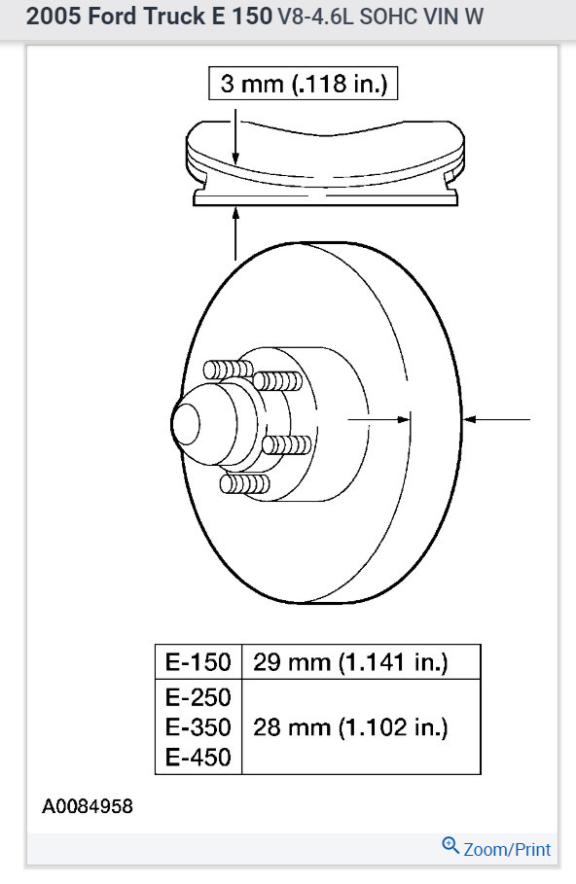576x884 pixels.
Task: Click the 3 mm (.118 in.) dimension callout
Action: click(303, 84)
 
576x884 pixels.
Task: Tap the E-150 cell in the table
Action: click(198, 662)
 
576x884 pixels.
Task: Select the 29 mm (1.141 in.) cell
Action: click(361, 662)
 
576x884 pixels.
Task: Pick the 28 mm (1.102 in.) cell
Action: click(361, 726)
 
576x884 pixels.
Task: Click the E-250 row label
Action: click(198, 697)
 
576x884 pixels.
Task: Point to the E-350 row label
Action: click(198, 727)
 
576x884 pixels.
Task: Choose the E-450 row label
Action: click(198, 758)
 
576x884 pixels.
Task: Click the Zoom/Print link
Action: click(507, 849)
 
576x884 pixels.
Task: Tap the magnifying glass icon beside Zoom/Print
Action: click(450, 846)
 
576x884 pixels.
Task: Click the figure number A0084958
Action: click(88, 806)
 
